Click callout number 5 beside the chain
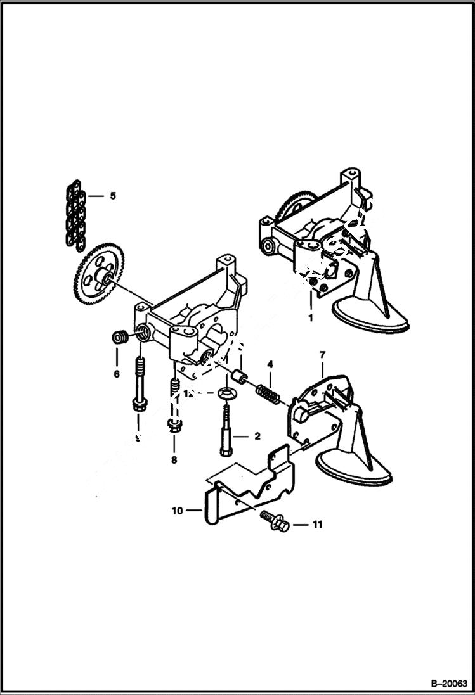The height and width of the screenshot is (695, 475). point(113,196)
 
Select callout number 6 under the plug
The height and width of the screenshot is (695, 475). point(117,374)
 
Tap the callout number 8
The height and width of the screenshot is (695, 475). point(174,460)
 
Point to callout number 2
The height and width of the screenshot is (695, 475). point(257,436)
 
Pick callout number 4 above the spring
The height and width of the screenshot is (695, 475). point(270,364)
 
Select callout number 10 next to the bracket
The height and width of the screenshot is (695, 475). point(177,509)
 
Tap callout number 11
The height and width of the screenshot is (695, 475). point(317,525)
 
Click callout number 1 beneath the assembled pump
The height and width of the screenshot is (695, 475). point(310,318)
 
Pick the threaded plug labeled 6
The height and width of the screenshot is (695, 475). point(118,337)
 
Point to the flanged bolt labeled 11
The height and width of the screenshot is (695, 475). point(275,521)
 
